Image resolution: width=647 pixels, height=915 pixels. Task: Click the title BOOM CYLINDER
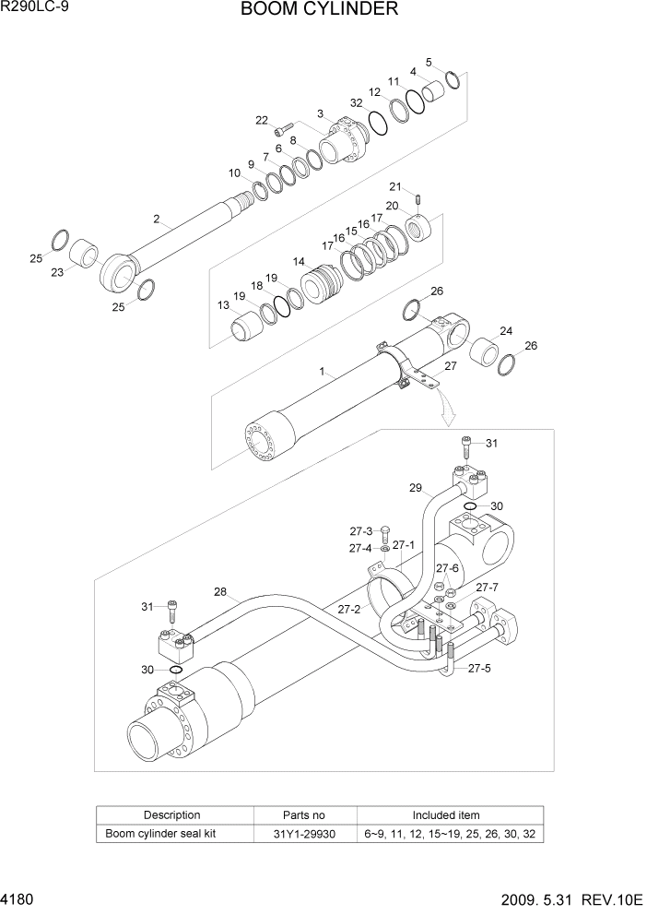click(x=319, y=10)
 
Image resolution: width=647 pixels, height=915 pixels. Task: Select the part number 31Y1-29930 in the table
click(x=303, y=834)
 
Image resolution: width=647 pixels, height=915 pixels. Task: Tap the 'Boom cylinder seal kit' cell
click(x=171, y=834)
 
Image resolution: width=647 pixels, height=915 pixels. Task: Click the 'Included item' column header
click(x=445, y=815)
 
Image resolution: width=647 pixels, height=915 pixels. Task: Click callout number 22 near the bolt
click(x=262, y=121)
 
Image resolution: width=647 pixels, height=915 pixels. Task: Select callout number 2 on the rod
click(x=157, y=220)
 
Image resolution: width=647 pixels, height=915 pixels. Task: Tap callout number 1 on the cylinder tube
click(x=322, y=372)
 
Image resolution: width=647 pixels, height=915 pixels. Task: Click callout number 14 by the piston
click(x=299, y=262)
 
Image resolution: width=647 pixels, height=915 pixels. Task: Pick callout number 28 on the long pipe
click(x=220, y=591)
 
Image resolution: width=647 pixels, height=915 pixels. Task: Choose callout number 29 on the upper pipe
click(x=415, y=487)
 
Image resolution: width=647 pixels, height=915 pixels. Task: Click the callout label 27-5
click(x=479, y=669)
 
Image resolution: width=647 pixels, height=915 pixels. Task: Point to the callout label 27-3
click(x=360, y=531)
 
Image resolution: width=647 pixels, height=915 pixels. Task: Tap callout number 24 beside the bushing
click(x=506, y=331)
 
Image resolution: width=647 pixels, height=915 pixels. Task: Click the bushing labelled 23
click(x=86, y=253)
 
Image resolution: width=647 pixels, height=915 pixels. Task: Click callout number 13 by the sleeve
click(x=224, y=305)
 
